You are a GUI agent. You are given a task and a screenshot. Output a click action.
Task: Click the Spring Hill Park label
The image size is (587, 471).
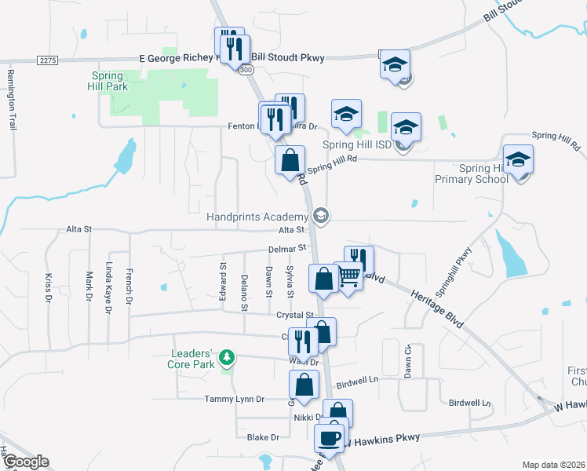click(x=108, y=81)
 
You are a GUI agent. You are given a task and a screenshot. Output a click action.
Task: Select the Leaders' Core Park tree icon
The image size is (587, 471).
click(x=227, y=358)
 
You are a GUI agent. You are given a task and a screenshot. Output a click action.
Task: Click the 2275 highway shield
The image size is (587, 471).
click(x=48, y=60)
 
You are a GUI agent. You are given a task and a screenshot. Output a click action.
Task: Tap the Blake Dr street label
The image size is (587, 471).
click(x=263, y=437)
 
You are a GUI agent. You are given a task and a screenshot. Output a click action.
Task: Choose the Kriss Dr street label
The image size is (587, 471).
click(x=49, y=287)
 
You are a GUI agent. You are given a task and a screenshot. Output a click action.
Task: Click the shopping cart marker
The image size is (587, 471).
click(x=349, y=276)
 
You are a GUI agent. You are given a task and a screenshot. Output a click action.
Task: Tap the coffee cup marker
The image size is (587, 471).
click(x=330, y=438)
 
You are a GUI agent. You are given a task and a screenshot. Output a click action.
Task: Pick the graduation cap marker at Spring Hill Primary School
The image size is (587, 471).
click(x=518, y=161)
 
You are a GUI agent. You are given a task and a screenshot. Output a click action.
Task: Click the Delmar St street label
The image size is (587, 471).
click(x=286, y=250)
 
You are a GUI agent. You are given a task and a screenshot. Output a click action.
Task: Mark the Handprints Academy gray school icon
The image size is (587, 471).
click(x=320, y=215)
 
